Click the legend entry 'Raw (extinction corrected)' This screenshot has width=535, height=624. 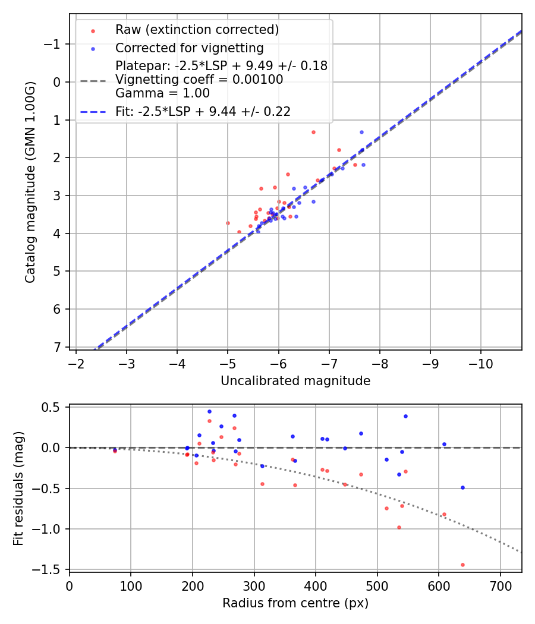click(x=197, y=30)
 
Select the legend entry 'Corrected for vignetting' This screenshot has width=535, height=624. click(x=189, y=48)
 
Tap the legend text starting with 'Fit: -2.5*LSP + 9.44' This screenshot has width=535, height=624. click(x=203, y=111)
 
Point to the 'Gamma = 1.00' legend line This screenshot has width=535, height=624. click(x=162, y=93)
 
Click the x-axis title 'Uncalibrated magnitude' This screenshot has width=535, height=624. click(x=295, y=381)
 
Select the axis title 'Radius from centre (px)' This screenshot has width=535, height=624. click(x=295, y=603)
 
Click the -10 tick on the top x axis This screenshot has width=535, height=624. click(x=481, y=363)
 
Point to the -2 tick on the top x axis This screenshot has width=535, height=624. click(x=76, y=363)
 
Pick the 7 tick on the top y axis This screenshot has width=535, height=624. click(x=57, y=347)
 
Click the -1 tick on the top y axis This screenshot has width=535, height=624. click(x=53, y=44)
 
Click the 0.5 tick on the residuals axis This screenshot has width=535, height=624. click(x=51, y=407)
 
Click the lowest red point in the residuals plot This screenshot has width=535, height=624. click(x=462, y=565)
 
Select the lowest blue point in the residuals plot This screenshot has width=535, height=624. click(x=462, y=487)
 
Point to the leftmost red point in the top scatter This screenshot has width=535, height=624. click(x=228, y=223)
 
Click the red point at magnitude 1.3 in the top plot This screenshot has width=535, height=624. click(x=313, y=132)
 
